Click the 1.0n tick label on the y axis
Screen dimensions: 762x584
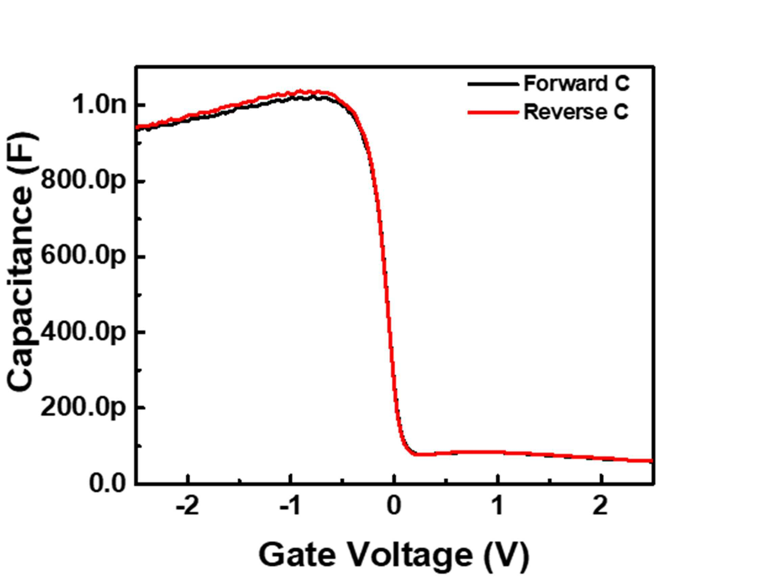click(99, 104)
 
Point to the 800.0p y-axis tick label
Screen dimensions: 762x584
click(83, 181)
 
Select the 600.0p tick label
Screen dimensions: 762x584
click(83, 257)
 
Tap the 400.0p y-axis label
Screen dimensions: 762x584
click(83, 332)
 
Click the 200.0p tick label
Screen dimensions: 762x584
click(83, 407)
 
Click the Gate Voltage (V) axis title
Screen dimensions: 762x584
click(394, 556)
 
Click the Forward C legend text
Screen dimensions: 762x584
click(576, 84)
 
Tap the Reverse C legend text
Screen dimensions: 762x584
click(576, 112)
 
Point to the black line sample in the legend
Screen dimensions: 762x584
click(493, 84)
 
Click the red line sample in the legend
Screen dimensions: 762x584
click(493, 112)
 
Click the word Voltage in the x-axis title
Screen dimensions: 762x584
click(411, 556)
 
